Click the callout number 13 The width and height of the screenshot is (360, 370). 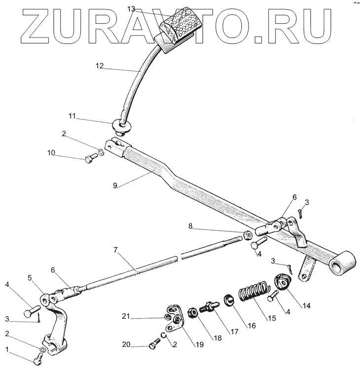(x=131, y=9)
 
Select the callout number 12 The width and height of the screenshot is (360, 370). (x=100, y=66)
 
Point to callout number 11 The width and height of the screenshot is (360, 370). (x=72, y=116)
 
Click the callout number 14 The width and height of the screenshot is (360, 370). (x=307, y=305)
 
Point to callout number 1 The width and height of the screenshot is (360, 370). (x=7, y=349)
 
